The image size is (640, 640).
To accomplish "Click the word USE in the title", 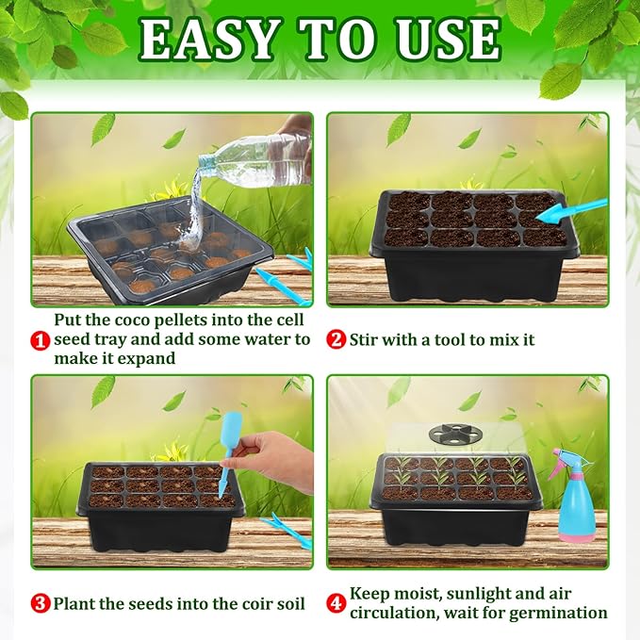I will tap(442, 41).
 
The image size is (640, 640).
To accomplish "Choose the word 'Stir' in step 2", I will tap(367, 339).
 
